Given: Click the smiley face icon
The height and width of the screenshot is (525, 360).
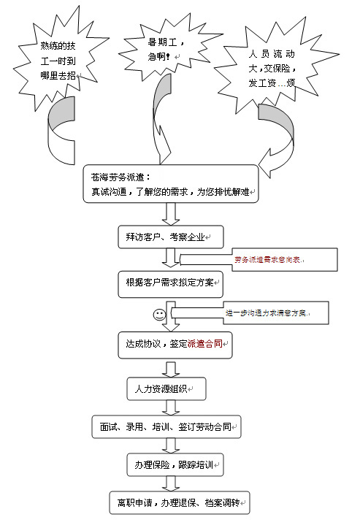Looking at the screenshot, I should pos(158,315).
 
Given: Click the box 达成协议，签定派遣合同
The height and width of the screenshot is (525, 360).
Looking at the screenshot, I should pos(175,345).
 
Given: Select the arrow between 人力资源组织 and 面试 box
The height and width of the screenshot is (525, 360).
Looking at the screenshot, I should pos(171,407).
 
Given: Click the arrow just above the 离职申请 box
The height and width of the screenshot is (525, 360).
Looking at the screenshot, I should pos(171,483).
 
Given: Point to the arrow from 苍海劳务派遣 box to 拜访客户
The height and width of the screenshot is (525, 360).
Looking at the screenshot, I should pos(171,213).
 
